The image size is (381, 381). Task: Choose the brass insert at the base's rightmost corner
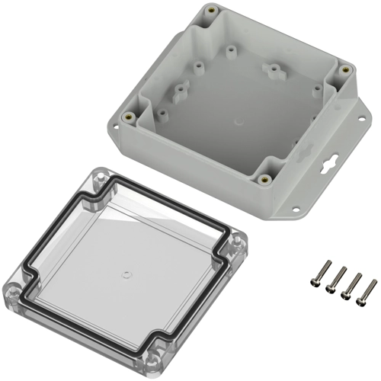344,69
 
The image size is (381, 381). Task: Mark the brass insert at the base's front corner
264,180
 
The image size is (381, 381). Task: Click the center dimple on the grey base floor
239,120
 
